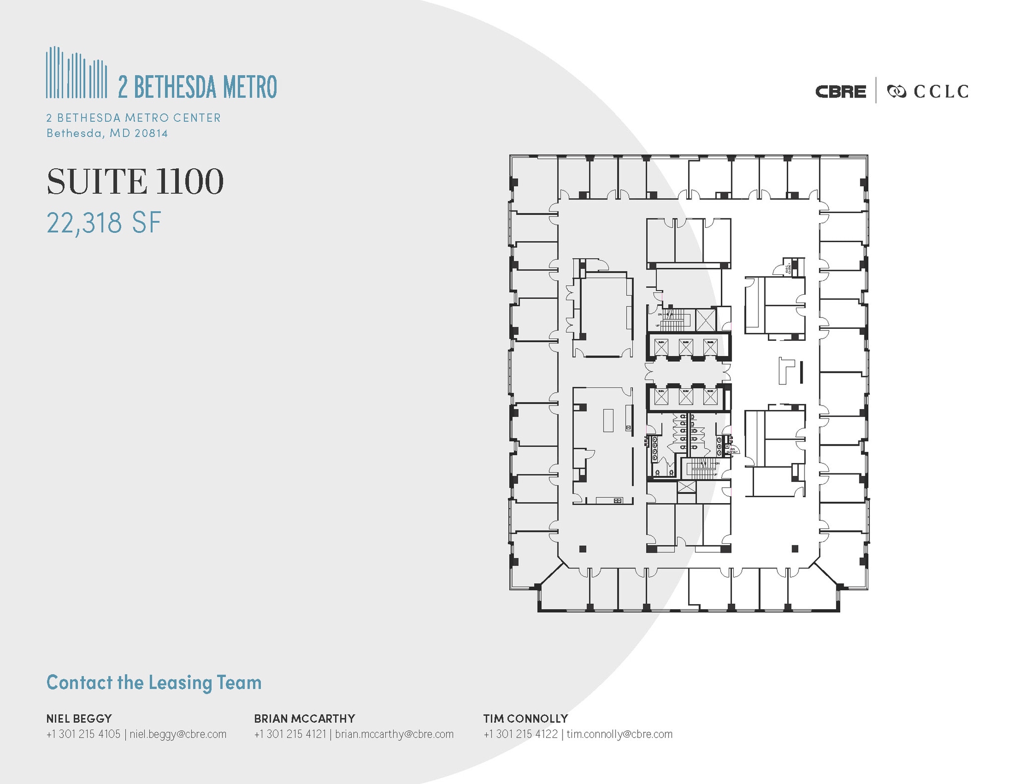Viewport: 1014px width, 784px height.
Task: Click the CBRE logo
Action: (840, 92)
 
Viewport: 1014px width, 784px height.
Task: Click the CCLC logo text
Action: (941, 92)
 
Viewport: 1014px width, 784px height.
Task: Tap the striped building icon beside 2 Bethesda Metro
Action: (76, 73)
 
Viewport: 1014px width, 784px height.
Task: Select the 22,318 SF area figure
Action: (104, 223)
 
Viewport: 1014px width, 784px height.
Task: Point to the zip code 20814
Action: (152, 133)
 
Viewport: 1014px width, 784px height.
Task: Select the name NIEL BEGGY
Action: (79, 718)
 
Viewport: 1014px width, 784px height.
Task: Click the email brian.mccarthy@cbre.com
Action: (394, 734)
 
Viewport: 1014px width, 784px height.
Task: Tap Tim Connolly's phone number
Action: (520, 734)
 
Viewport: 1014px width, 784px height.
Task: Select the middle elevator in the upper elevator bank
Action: (686, 347)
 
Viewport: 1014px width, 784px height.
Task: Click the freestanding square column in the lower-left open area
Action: (583, 549)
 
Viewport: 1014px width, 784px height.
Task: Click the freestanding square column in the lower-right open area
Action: (795, 549)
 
